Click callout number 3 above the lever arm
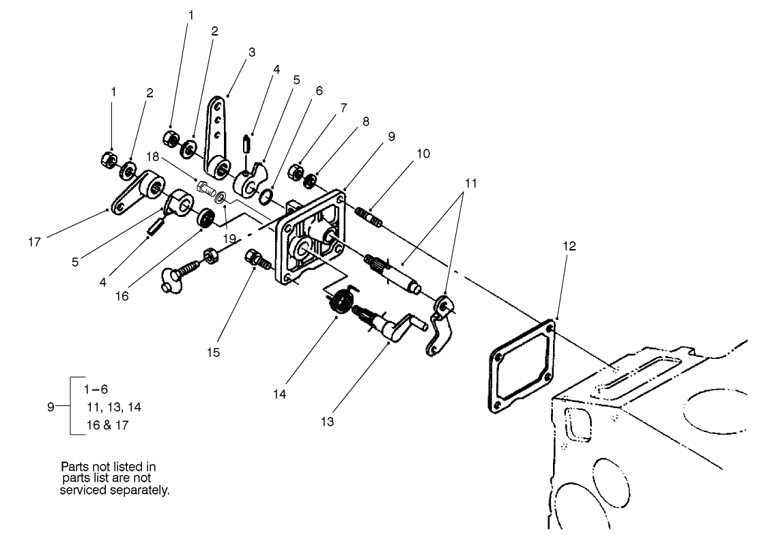click(252, 52)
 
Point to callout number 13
click(327, 422)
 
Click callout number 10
click(423, 154)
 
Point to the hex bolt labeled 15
click(255, 259)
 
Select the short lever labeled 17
click(134, 195)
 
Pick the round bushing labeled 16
click(204, 220)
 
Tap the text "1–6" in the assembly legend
click(96, 390)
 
